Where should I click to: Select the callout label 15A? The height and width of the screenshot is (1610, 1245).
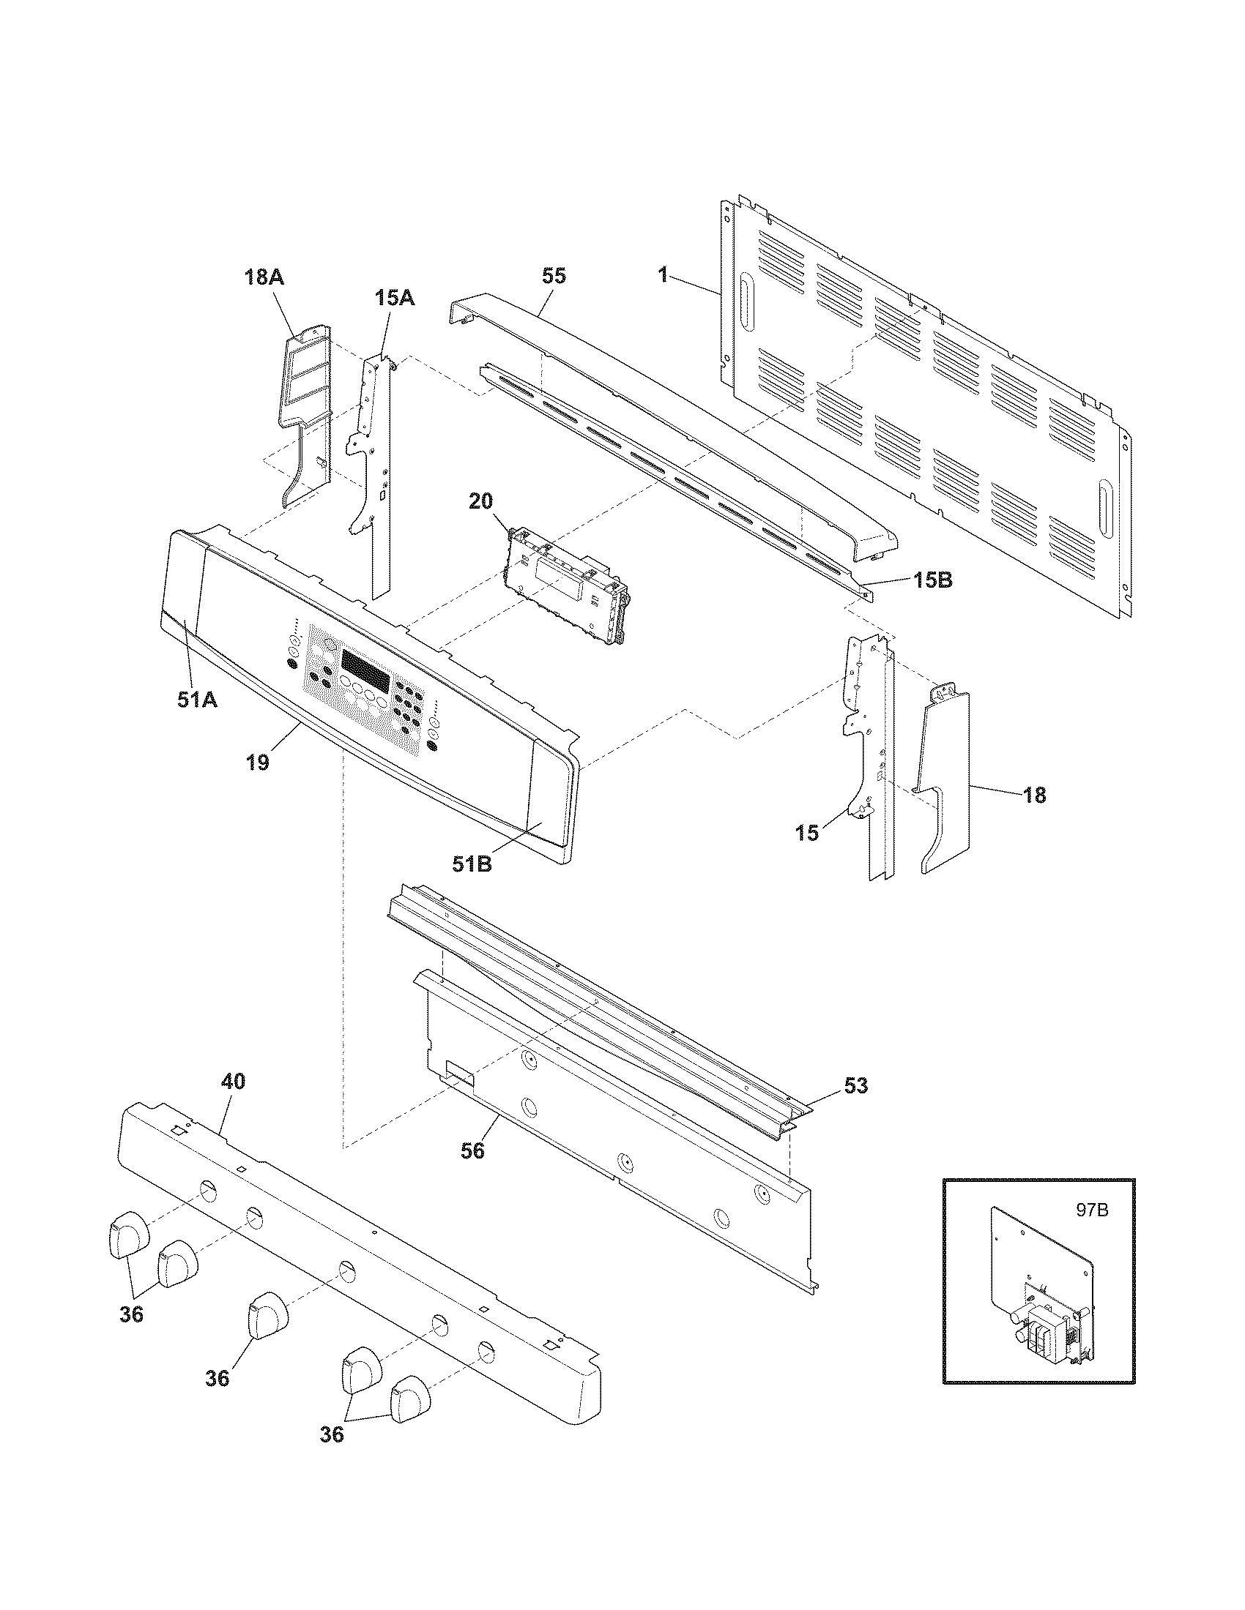(394, 298)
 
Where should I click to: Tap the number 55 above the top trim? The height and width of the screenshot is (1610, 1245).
(554, 276)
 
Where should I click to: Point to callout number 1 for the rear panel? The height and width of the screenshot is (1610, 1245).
(663, 276)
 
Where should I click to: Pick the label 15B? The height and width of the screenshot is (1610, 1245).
(932, 581)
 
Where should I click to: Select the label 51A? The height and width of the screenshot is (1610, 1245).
(197, 700)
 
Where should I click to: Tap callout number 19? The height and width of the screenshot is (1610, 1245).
(257, 763)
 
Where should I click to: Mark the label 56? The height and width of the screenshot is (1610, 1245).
(473, 1150)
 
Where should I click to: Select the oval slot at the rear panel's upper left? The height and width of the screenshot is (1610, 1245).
(746, 302)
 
